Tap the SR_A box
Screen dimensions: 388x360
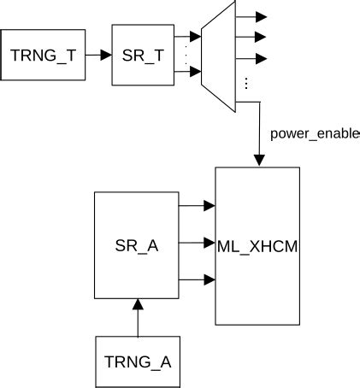pos(136,245)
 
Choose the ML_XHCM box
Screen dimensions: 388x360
pos(257,246)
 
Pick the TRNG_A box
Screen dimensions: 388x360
pos(136,360)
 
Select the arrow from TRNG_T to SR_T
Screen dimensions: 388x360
pos(100,56)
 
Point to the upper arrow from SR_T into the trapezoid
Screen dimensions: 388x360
pos(187,36)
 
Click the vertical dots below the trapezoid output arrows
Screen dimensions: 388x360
pos(246,83)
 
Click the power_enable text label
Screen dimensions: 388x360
pos(315,134)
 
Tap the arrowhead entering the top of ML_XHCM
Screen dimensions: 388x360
pos(257,160)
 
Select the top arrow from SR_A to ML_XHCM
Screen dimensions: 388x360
pos(197,205)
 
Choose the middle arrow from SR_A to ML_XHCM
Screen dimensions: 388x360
pos(197,243)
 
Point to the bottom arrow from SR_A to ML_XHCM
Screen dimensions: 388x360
pos(197,279)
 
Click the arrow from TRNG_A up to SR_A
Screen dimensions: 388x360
pos(136,316)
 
